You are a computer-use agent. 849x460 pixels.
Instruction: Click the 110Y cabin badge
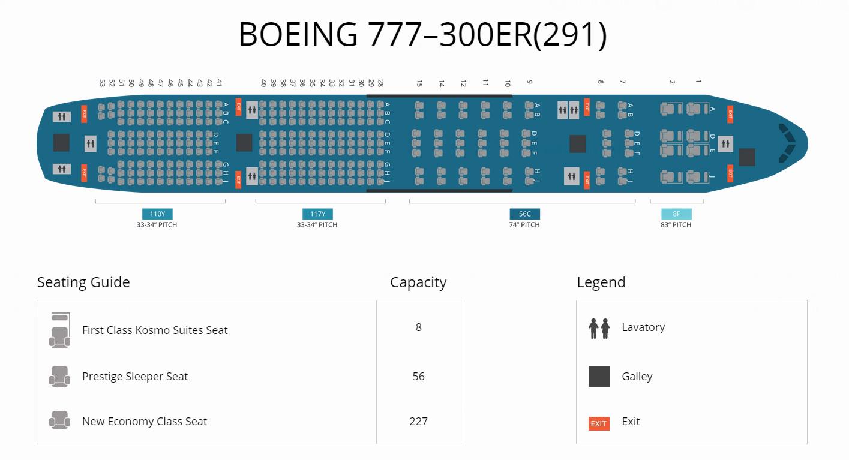coord(157,214)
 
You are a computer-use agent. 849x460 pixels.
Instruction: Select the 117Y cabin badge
coord(317,214)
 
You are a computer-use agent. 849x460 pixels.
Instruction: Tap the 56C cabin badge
coord(524,214)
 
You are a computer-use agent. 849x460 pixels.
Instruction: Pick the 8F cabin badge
coord(676,214)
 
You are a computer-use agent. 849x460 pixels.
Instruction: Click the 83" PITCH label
coord(676,225)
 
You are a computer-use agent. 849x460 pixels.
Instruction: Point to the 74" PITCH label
coord(524,225)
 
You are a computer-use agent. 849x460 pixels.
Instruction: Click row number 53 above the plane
coord(103,83)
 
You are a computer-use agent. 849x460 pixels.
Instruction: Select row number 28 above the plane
coord(380,83)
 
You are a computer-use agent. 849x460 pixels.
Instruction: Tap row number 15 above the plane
coord(419,83)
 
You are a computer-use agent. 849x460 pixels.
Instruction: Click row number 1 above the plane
coord(698,81)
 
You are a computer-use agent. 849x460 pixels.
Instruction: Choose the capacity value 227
coord(418,421)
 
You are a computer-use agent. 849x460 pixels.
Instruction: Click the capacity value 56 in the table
coord(418,376)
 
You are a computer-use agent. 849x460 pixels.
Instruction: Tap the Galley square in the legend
coord(599,376)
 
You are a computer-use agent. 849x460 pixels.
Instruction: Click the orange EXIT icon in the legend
coord(599,423)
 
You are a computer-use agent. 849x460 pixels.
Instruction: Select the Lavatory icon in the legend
coord(599,328)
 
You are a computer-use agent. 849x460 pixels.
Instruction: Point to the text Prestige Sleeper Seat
coord(135,376)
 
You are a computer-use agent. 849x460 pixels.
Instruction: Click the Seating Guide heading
coord(83,282)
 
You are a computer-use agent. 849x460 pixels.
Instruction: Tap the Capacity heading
coord(418,282)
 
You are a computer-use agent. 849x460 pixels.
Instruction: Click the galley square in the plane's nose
coord(747,157)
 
